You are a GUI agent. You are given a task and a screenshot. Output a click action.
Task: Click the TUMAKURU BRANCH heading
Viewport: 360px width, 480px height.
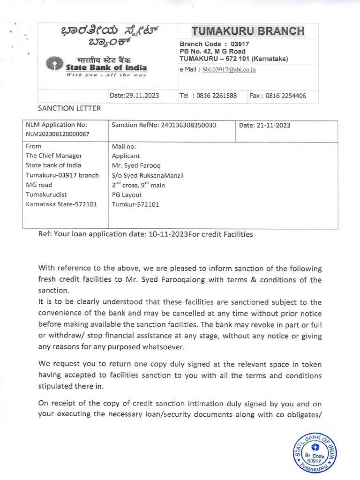point(247,31)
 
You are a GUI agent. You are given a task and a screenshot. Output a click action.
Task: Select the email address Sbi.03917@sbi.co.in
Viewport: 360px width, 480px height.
point(229,70)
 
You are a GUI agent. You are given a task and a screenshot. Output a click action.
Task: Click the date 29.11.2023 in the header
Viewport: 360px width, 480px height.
point(134,96)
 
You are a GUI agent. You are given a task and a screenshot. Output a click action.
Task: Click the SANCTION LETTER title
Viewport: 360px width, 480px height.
point(69,108)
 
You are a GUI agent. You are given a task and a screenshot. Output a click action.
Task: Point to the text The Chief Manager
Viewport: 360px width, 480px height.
point(54,156)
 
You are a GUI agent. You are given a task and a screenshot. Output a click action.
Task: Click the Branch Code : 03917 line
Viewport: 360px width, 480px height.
point(214,44)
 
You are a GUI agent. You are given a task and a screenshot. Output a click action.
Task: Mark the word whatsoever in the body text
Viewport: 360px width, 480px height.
point(162,347)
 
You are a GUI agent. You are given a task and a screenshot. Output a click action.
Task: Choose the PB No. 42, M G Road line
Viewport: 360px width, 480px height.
point(212,51)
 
